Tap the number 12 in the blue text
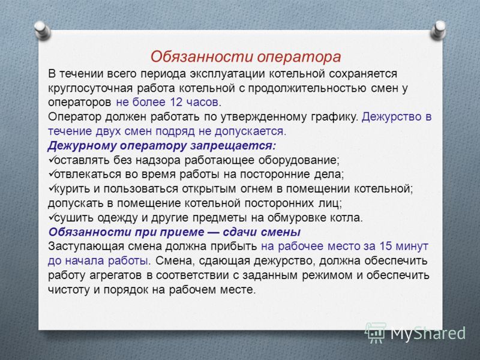tap(176, 102)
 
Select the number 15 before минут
tap(386, 246)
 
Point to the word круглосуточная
tap(90, 88)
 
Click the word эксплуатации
tap(227, 74)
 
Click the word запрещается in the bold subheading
tap(233, 146)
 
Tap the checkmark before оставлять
tap(52, 159)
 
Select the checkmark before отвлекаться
tap(52, 173)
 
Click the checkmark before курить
tap(52, 188)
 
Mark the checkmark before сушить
tap(52, 217)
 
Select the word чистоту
tap(68, 290)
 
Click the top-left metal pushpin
tap(42, 31)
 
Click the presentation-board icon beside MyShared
tap(376, 333)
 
